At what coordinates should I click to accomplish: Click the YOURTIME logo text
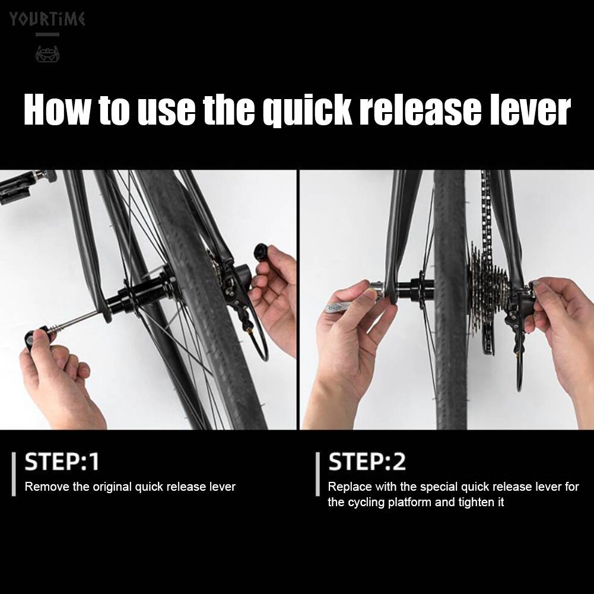(47, 18)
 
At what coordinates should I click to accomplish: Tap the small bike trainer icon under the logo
(47, 54)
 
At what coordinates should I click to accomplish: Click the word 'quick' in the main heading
(307, 110)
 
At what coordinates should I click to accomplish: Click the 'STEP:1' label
(62, 462)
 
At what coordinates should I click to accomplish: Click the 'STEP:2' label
(367, 462)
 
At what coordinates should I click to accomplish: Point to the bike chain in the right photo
(487, 212)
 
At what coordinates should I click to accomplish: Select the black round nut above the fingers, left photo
(261, 251)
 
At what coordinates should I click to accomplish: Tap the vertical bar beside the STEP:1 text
(14, 474)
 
